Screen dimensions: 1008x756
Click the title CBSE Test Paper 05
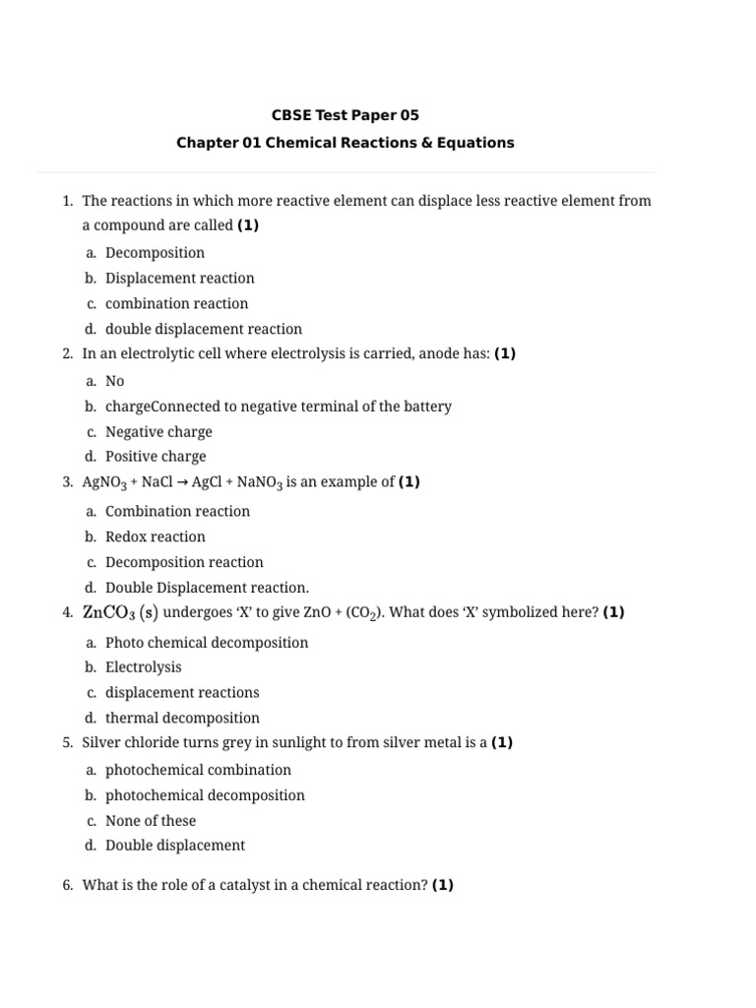(345, 116)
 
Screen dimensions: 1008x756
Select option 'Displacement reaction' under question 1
(179, 279)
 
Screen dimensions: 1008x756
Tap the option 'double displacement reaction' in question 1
(204, 329)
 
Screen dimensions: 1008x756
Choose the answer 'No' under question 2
(115, 381)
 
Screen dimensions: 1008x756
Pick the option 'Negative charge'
(158, 431)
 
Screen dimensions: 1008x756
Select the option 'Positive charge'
(156, 457)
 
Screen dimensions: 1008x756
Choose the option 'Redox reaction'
(156, 537)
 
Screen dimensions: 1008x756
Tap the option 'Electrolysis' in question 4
(144, 667)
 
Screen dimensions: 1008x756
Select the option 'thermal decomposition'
(183, 719)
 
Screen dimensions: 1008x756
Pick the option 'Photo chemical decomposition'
(207, 643)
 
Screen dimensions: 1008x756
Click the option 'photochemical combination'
(198, 770)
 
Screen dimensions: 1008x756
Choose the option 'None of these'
(151, 821)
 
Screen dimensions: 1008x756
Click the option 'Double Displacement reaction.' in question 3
(207, 588)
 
